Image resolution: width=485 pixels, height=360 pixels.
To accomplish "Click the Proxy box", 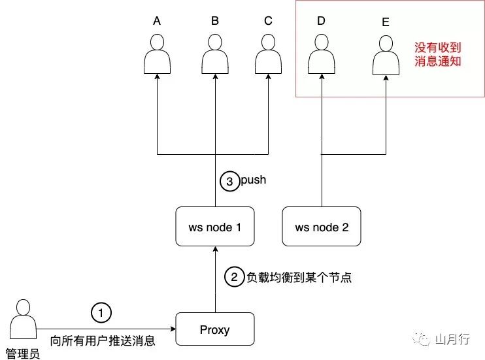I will [x=215, y=329].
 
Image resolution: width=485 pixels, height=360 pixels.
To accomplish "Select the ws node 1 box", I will [x=215, y=227].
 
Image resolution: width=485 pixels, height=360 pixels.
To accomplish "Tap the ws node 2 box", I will [x=322, y=227].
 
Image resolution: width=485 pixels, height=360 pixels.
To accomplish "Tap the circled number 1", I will [x=101, y=312].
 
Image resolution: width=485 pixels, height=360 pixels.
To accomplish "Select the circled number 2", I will [x=233, y=277].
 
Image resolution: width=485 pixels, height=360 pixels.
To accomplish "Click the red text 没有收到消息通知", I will [x=438, y=56].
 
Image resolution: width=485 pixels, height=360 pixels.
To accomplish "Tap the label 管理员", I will [x=23, y=353].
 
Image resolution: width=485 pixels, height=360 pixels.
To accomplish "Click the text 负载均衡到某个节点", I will [x=299, y=278].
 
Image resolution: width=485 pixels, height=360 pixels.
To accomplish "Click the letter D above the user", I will [x=321, y=21].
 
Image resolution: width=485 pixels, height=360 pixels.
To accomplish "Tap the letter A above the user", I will [x=157, y=21].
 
